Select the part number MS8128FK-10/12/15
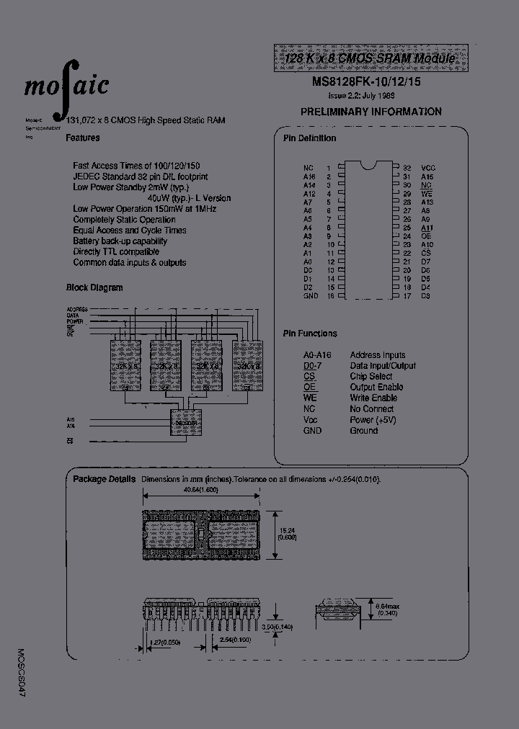tap(366, 81)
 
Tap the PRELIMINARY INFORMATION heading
tap(371, 112)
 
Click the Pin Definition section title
tap(309, 138)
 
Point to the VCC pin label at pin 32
tap(428, 168)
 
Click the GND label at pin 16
tap(311, 296)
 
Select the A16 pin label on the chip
tap(309, 176)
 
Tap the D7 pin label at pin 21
tap(425, 261)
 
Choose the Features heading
tap(83, 138)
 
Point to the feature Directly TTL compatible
tap(115, 252)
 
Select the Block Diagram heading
tap(94, 287)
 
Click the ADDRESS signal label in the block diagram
tap(76, 309)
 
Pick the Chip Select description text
tap(371, 377)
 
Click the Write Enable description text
tap(373, 398)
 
